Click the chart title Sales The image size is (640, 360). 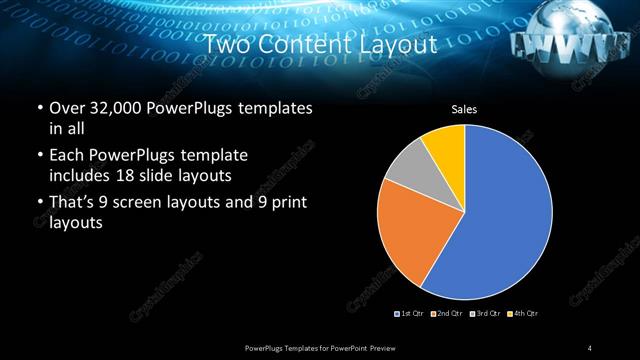pyautogui.click(x=464, y=108)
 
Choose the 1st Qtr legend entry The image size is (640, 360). pyautogui.click(x=411, y=314)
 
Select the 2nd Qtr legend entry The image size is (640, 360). pyautogui.click(x=446, y=314)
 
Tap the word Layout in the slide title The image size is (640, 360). pyautogui.click(x=397, y=45)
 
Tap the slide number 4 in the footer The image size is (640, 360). pyautogui.click(x=590, y=347)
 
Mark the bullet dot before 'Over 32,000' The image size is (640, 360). pyautogui.click(x=39, y=108)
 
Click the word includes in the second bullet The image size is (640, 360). pyautogui.click(x=80, y=174)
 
